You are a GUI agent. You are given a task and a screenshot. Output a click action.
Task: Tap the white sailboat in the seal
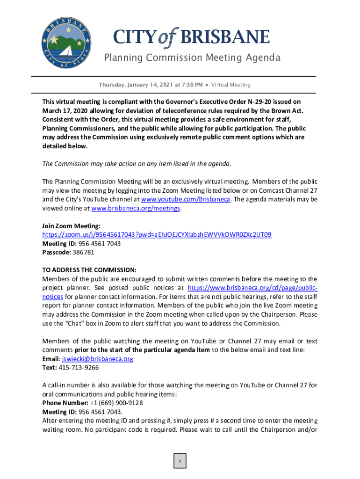pyautogui.click(x=66, y=51)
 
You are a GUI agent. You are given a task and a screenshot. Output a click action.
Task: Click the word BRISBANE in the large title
pyautogui.click(x=225, y=37)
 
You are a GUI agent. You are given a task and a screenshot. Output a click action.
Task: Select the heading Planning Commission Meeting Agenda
pyautogui.click(x=192, y=58)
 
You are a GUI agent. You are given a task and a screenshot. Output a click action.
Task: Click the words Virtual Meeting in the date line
pyautogui.click(x=231, y=85)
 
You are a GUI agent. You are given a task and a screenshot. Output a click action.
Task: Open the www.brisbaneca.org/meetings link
pyautogui.click(x=136, y=208)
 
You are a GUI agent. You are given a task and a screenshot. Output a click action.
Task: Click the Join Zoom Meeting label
pyautogui.click(x=71, y=226)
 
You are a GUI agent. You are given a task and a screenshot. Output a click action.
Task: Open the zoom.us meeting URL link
pyautogui.click(x=157, y=235)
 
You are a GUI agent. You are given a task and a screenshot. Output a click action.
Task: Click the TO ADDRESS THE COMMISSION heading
pyautogui.click(x=89, y=270)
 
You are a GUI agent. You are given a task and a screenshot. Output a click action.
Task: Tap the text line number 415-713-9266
pyautogui.click(x=79, y=368)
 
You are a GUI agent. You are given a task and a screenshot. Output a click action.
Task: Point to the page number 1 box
pyautogui.click(x=180, y=462)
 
